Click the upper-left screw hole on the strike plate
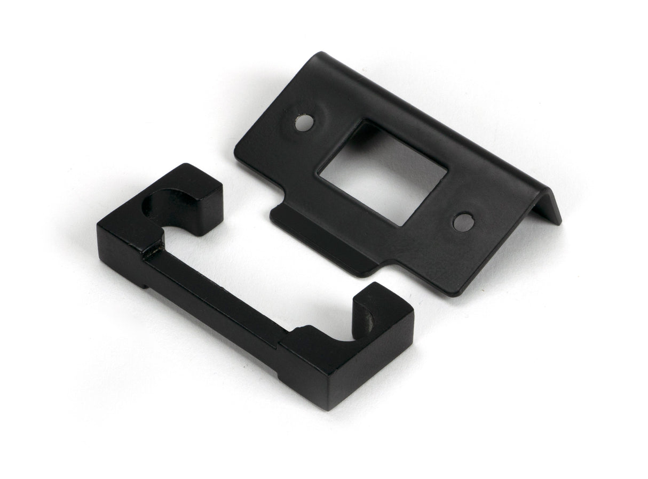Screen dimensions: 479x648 (304, 123)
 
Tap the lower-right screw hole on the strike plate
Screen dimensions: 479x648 (463, 222)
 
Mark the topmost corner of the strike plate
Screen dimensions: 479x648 (321, 53)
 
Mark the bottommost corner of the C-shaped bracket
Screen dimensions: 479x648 (327, 408)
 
